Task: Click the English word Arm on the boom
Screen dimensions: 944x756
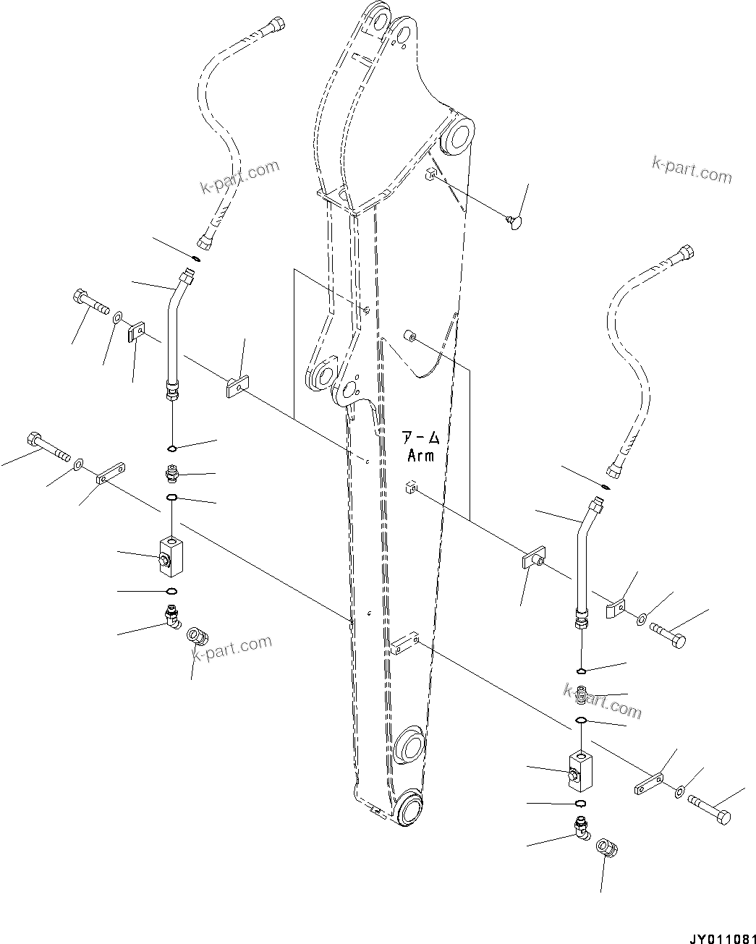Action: point(420,456)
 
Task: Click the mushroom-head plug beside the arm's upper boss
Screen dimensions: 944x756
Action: point(515,217)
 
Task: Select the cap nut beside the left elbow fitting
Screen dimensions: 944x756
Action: point(198,637)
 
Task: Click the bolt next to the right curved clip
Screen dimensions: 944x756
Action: point(667,634)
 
